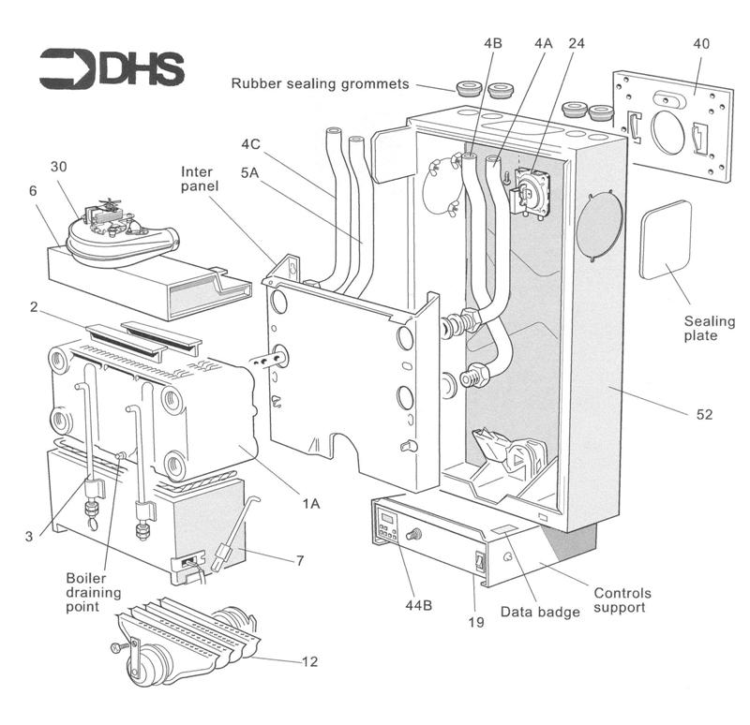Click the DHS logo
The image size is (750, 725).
click(112, 68)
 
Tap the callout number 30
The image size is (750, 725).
click(58, 166)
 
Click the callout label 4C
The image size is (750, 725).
click(250, 144)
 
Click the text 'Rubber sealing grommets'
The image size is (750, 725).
click(320, 84)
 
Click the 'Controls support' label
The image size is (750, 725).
click(622, 600)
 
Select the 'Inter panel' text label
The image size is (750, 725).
click(200, 179)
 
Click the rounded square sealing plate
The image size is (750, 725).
click(665, 239)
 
